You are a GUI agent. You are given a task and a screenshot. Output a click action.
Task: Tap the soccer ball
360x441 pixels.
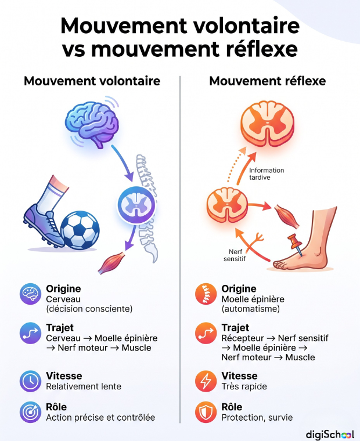[x=80, y=230]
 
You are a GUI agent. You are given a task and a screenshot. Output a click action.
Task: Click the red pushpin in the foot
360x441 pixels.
[x=296, y=244]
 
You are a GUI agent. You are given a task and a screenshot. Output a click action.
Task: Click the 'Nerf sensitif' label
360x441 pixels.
[x=235, y=255]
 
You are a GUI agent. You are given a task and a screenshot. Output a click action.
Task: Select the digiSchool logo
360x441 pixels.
[x=330, y=433]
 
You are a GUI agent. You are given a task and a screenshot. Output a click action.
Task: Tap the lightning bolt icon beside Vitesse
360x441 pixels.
[x=206, y=381]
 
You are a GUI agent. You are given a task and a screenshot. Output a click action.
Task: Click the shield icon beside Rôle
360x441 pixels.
[x=206, y=412]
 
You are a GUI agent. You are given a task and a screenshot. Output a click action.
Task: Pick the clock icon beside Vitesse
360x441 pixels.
[x=30, y=381]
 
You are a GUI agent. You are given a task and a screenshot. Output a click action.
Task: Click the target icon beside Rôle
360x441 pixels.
[x=30, y=412]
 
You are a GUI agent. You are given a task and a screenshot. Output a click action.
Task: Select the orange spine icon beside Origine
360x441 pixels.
[x=206, y=294]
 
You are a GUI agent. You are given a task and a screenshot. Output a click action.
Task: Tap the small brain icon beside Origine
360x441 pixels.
[x=30, y=294]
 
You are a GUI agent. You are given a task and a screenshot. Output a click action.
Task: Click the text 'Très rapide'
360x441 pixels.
[x=244, y=386]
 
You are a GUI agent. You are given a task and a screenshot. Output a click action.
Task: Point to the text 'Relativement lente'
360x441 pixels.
[x=84, y=386]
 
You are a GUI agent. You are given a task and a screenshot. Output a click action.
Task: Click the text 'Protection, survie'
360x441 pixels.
[x=257, y=417]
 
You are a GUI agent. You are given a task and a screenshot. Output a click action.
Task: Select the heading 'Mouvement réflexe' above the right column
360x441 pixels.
[x=268, y=81]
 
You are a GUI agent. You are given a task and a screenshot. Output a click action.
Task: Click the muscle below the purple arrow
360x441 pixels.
[x=111, y=263]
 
